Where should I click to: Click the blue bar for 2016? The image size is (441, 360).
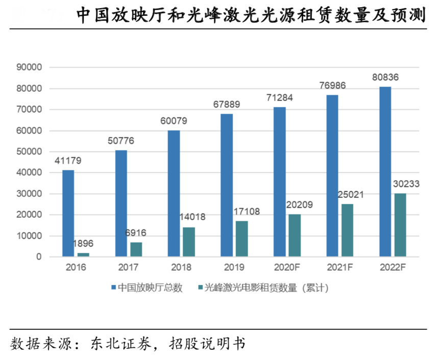[x=68, y=213]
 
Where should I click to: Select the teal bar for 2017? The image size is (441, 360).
[x=136, y=249]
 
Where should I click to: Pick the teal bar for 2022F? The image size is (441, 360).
[x=400, y=225]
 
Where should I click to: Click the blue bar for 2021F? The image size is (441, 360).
[x=332, y=175]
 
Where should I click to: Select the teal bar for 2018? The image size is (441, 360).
[x=189, y=242]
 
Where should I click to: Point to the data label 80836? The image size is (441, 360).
[x=385, y=78]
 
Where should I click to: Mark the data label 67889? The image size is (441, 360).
[x=226, y=105]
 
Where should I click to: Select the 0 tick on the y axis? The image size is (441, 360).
[x=39, y=257]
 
